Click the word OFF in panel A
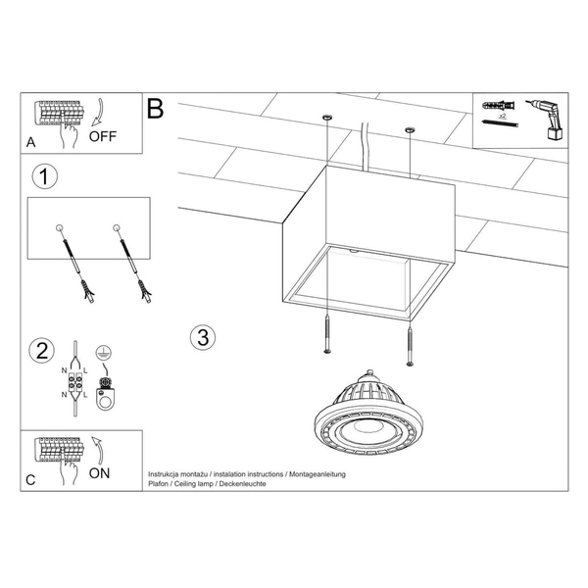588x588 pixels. pyautogui.click(x=103, y=136)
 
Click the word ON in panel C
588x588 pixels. pyautogui.click(x=99, y=473)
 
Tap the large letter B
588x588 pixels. pyautogui.click(x=155, y=109)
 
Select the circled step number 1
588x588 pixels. pyautogui.click(x=45, y=176)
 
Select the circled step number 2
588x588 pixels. pyautogui.click(x=41, y=351)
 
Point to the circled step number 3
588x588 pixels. pyautogui.click(x=203, y=337)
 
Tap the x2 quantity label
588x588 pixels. pyautogui.click(x=503, y=116)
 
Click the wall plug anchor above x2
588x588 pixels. pyautogui.click(x=499, y=106)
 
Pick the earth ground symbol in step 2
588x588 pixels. pyautogui.click(x=104, y=352)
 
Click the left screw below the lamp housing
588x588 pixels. pyautogui.click(x=327, y=334)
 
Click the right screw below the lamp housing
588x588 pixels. pyautogui.click(x=410, y=346)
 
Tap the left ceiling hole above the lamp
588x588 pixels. pyautogui.click(x=327, y=118)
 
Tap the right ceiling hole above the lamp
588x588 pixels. pyautogui.click(x=410, y=129)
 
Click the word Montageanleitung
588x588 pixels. pyautogui.click(x=318, y=474)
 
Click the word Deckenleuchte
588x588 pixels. pyautogui.click(x=243, y=484)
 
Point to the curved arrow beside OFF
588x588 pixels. pyautogui.click(x=97, y=112)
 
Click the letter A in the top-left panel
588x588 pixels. pyautogui.click(x=30, y=142)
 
